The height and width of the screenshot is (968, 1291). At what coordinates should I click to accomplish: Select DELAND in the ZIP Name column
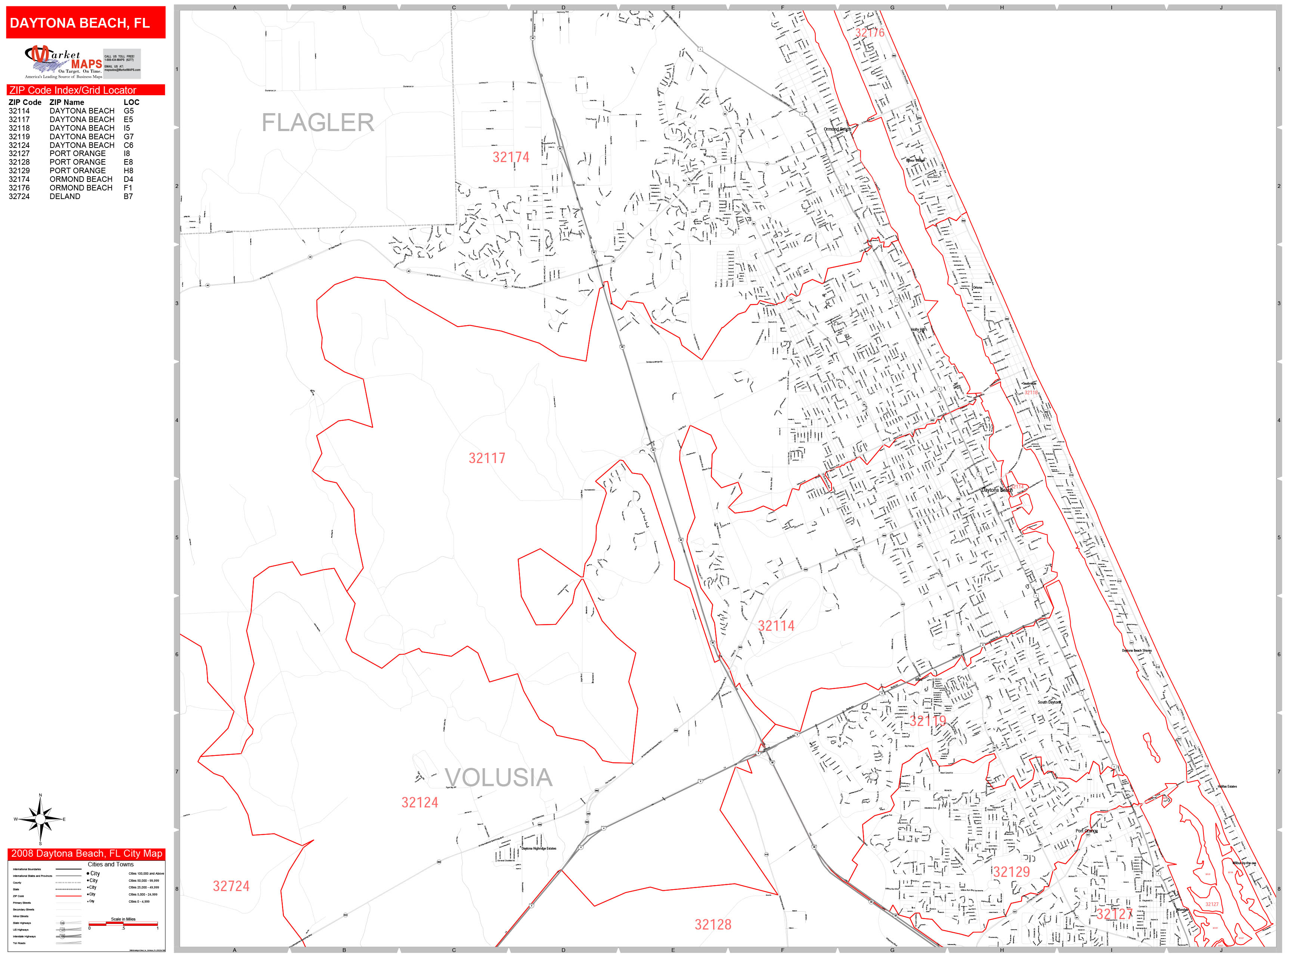(x=65, y=197)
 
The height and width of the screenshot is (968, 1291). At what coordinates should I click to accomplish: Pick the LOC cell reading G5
(x=129, y=111)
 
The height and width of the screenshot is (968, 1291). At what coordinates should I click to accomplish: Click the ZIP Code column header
(x=25, y=102)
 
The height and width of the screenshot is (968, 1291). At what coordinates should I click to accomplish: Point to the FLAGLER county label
(x=318, y=122)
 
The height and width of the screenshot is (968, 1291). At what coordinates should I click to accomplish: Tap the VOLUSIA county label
(x=498, y=777)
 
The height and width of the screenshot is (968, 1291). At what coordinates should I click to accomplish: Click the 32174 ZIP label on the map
(x=511, y=157)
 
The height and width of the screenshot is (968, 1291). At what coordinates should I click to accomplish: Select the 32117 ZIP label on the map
(x=487, y=458)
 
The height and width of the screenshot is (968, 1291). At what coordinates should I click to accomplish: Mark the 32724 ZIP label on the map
(x=231, y=886)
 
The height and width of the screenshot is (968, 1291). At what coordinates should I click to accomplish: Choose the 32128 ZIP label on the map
(x=713, y=924)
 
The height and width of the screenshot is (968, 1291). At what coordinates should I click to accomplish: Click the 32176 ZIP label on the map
(x=870, y=32)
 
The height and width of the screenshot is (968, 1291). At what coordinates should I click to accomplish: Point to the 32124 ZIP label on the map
(x=420, y=802)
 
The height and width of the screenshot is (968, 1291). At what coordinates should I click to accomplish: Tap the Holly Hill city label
(x=919, y=330)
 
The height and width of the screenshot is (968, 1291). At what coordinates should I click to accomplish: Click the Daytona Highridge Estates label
(x=539, y=848)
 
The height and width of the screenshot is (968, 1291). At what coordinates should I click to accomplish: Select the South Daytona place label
(x=1049, y=702)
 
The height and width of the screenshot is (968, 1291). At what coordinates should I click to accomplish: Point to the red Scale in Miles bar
(x=123, y=924)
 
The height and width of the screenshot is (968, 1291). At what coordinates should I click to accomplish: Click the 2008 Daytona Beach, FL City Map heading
(x=86, y=854)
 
